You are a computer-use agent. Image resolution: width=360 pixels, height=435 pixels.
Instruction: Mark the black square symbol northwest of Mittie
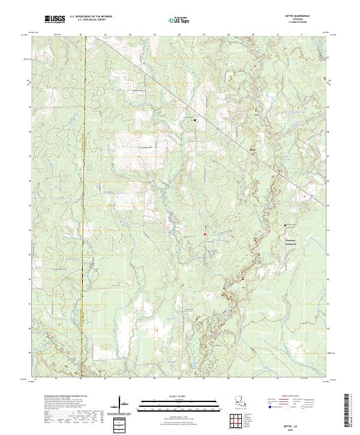(195, 121)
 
